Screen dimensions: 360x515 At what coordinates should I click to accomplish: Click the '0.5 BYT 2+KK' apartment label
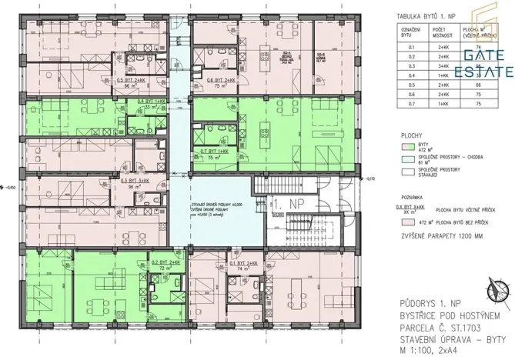[x=130, y=80]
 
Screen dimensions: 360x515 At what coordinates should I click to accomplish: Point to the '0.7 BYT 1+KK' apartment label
[x=215, y=151]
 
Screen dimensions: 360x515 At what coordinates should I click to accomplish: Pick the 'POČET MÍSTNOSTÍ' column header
[x=443, y=33]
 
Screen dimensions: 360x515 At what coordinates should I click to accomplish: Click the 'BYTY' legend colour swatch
[x=406, y=145]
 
